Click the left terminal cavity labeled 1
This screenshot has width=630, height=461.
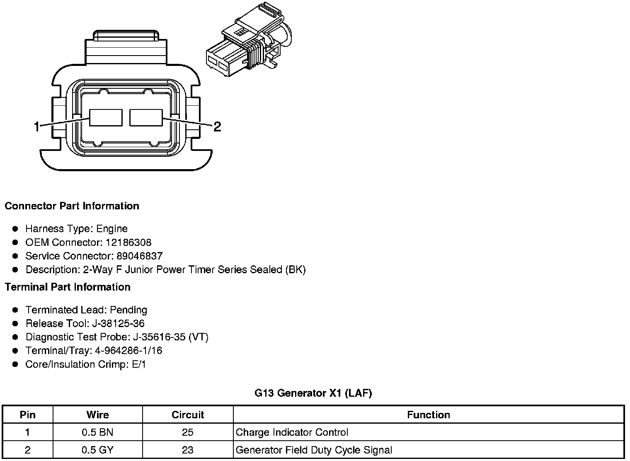pyautogui.click(x=106, y=118)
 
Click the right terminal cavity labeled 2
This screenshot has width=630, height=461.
pyautogui.click(x=146, y=118)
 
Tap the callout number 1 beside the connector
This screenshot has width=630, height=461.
pyautogui.click(x=36, y=126)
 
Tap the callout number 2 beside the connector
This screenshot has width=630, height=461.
pyautogui.click(x=217, y=126)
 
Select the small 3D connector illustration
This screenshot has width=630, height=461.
pyautogui.click(x=249, y=39)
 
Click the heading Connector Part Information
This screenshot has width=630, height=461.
pyautogui.click(x=72, y=206)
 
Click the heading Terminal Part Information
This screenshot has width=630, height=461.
pyautogui.click(x=68, y=287)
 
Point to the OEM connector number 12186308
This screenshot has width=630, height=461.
pyautogui.click(x=128, y=242)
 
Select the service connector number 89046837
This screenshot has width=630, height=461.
pyautogui.click(x=140, y=256)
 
